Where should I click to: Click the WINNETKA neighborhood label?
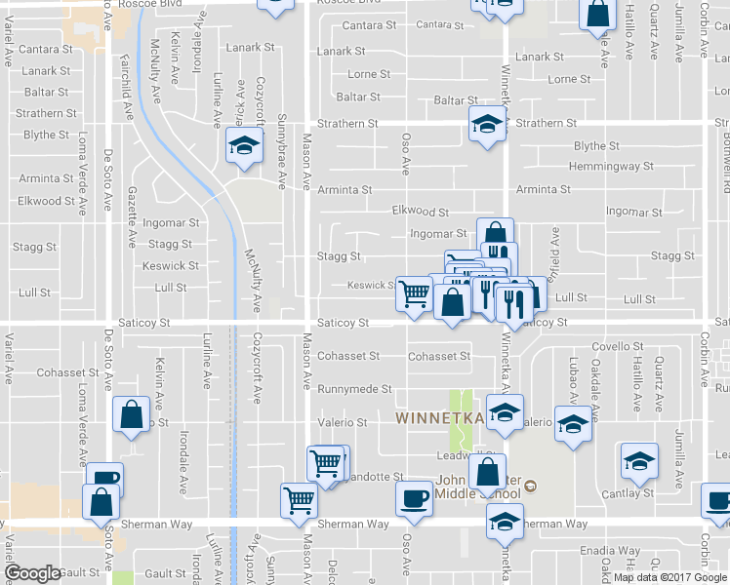coord(432,417)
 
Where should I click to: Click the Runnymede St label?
coord(353,388)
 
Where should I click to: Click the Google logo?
coord(33,573)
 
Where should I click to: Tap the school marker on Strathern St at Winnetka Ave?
coord(487,124)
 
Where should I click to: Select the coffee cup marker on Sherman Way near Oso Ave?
coord(413,498)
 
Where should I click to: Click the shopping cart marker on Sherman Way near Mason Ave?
coord(299,500)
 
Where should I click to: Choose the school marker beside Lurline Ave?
coord(241,147)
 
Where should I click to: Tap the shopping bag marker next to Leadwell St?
coord(486,472)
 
